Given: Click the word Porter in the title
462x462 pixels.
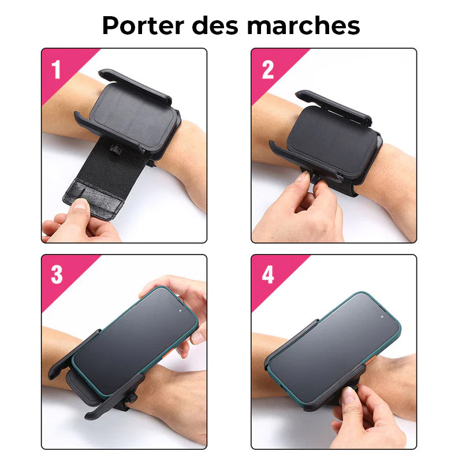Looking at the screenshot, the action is point(143,25).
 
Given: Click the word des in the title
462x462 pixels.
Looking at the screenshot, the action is point(214,25).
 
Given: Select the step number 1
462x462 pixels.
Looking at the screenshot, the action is point(56,69).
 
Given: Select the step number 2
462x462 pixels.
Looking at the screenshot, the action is point(267,69).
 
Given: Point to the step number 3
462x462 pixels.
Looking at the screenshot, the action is point(57,275).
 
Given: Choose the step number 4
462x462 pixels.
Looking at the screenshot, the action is point(268,275).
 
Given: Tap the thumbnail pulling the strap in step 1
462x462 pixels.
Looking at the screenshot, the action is point(80,204).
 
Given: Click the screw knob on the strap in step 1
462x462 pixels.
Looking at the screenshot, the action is point(114,149).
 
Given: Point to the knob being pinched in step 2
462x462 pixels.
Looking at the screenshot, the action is point(315,178).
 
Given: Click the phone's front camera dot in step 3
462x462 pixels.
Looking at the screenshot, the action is point(180,311).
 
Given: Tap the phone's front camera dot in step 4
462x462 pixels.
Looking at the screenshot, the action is point(382,316).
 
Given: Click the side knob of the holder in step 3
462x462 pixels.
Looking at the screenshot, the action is point(132,397).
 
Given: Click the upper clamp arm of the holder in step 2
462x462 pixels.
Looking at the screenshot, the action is point(334,107).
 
